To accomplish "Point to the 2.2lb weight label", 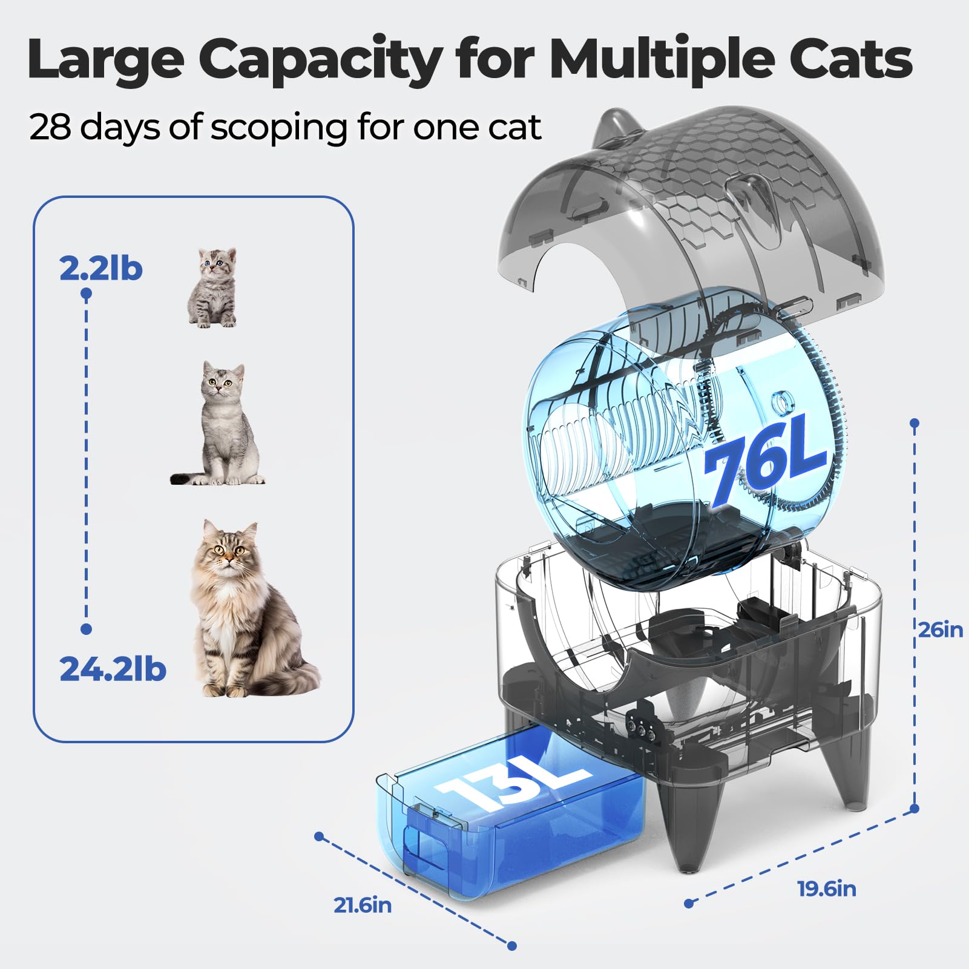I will (101, 268).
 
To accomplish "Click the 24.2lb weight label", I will (113, 669).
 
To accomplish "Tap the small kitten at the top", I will (212, 287).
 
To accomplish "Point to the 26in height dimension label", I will (940, 629).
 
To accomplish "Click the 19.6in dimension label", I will (827, 889).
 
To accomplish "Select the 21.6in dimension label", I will (363, 905).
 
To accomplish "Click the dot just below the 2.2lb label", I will (86, 294).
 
